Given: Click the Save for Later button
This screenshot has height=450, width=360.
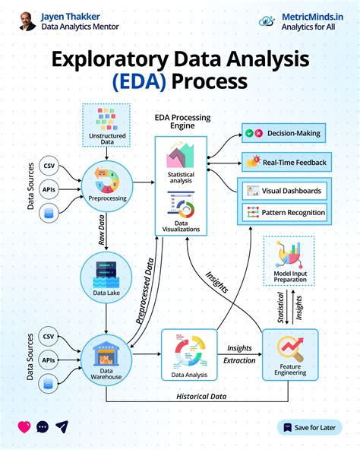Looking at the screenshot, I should point(310,427).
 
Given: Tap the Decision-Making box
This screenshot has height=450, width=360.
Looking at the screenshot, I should point(283,134).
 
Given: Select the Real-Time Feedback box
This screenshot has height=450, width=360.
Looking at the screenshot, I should point(283,162).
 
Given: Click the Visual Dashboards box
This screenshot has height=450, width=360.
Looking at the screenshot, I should point(283,191).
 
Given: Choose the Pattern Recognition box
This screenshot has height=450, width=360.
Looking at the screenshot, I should point(283,212).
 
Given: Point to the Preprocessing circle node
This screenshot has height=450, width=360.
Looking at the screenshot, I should point(106,187).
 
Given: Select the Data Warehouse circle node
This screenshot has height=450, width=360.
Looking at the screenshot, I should point(106,357).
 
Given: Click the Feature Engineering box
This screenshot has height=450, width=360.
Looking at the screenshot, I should point(289,356).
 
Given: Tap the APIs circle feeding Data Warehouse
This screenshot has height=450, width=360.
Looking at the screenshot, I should point(48,360).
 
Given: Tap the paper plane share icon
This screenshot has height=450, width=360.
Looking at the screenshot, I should point(62,427).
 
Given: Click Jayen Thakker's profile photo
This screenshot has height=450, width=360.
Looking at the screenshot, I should point(27,21).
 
